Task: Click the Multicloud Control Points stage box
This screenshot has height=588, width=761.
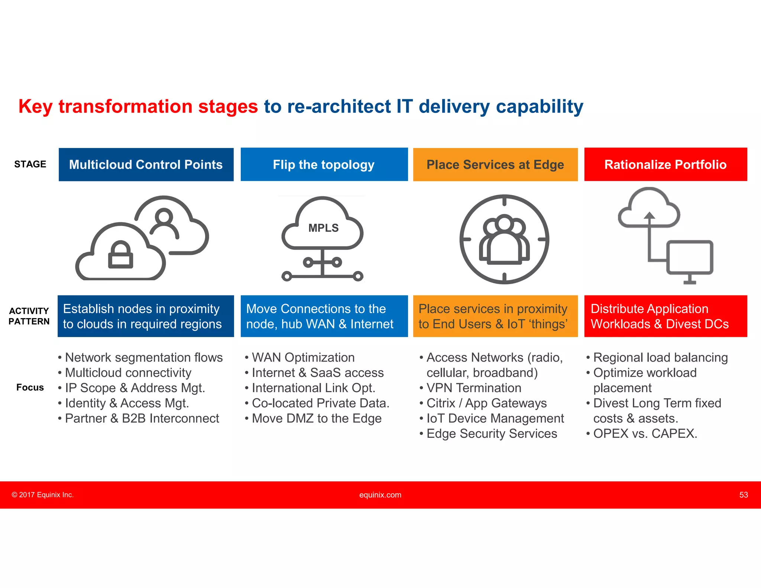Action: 146,165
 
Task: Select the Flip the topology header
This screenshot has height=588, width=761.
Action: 324,165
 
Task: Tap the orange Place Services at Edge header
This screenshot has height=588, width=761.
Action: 495,165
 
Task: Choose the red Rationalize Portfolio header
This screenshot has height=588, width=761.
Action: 665,165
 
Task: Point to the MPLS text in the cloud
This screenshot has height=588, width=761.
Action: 323,228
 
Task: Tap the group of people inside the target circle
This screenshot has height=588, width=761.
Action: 504,240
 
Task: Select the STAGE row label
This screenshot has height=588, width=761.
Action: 30,164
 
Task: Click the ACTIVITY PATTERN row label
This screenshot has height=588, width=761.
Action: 29,316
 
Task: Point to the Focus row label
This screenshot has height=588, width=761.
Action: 30,388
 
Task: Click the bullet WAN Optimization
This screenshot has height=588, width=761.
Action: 303,358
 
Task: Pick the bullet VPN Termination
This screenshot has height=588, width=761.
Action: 473,388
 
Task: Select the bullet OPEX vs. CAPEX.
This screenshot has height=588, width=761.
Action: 645,434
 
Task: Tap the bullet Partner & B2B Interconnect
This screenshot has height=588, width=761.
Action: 142,419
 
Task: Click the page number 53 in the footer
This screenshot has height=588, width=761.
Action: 743,495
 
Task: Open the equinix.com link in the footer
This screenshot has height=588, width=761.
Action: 380,495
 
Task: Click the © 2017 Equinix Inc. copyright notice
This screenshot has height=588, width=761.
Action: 43,495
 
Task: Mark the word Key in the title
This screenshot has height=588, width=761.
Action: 36,107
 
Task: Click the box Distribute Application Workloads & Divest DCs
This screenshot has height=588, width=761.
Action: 665,316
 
